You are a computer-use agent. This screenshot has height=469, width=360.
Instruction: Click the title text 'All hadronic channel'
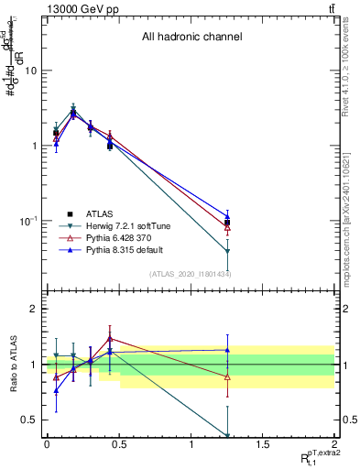click(191, 38)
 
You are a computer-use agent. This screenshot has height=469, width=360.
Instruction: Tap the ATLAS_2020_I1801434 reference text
click(191, 274)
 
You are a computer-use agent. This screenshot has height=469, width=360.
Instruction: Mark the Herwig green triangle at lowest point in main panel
click(227, 251)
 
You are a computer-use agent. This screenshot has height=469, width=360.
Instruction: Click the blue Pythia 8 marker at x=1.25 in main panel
click(227, 216)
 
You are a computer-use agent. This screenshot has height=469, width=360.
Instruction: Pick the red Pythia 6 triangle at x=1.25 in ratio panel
click(227, 377)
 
